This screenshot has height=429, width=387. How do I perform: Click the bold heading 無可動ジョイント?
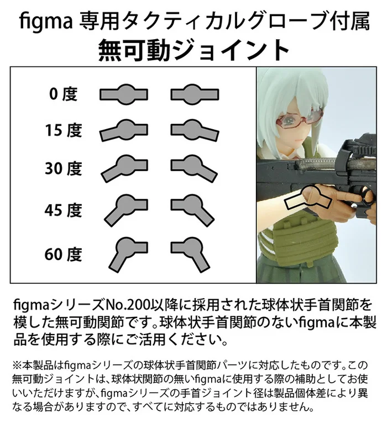pos(193,51)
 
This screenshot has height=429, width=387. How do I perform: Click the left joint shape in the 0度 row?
pos(124,93)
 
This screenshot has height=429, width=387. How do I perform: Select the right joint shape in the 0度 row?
pos(192,93)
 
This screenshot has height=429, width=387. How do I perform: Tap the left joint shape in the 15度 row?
pos(123,130)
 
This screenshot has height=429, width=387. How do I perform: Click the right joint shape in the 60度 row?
pos(190,252)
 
